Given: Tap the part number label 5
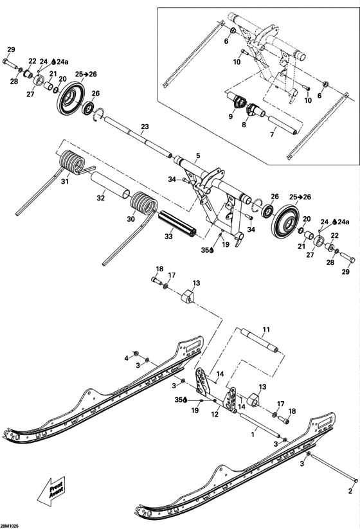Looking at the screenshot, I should (x=198, y=156).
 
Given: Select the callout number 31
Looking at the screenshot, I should (x=64, y=183).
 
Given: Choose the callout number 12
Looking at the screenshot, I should (x=213, y=415).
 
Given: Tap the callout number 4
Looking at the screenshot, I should (x=127, y=357).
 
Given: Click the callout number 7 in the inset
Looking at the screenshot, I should (x=272, y=134).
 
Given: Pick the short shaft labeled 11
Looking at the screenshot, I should (x=260, y=342).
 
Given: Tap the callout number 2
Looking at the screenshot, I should (x=350, y=490).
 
